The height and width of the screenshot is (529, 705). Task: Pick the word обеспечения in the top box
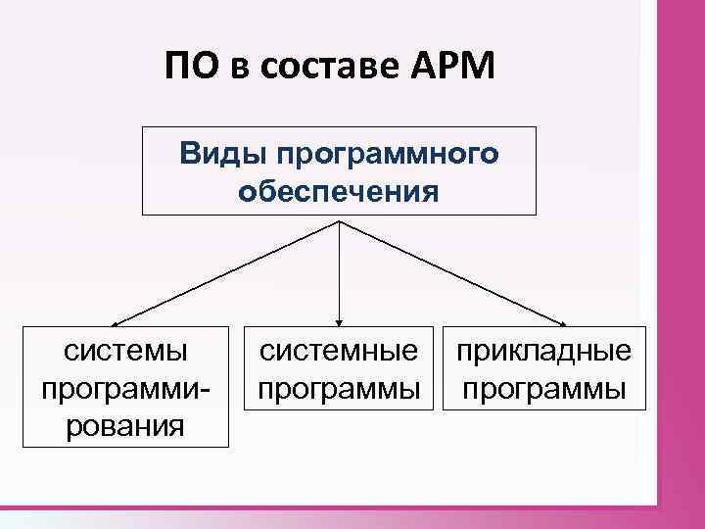[338, 189]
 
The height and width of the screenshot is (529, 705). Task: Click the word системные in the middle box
[339, 350]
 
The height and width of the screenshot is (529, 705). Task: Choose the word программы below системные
[339, 388]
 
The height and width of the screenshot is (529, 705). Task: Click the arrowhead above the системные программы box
[339, 319]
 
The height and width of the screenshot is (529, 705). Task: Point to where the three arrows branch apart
[339, 220]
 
